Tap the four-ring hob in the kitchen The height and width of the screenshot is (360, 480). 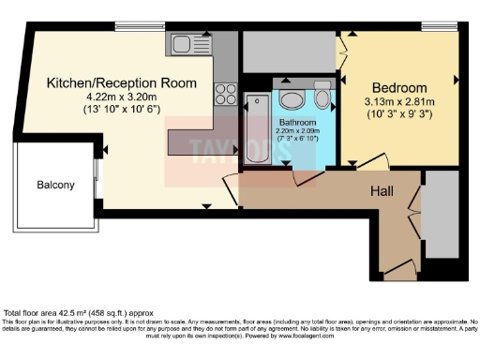[226, 94]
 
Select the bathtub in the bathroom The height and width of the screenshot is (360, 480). [255, 129]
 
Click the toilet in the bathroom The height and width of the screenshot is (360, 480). [323, 98]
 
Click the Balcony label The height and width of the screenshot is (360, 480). [55, 185]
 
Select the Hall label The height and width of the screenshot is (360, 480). [381, 191]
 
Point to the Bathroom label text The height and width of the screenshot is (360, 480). [297, 123]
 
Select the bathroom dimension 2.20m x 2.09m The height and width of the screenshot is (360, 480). [297, 132]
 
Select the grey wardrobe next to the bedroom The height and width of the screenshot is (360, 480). [289, 52]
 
